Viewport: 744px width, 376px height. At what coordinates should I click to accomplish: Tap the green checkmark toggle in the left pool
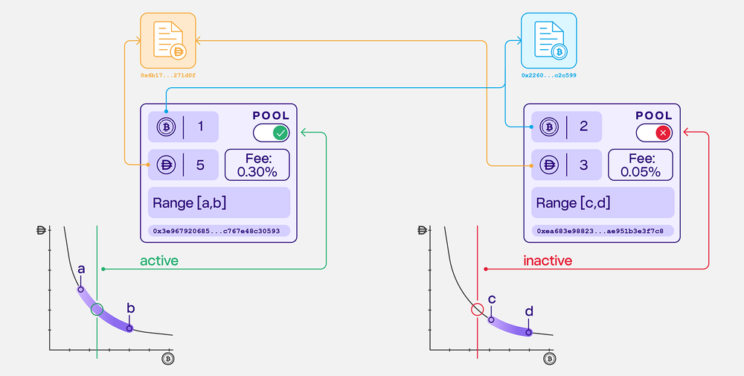tap(280, 133)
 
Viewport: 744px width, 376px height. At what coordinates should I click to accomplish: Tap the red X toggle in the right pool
tap(663, 133)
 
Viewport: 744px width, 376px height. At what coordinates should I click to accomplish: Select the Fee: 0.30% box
tap(257, 165)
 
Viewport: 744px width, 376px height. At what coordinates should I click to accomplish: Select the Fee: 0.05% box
tap(640, 165)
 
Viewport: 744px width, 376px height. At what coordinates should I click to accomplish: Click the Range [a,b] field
tap(218, 203)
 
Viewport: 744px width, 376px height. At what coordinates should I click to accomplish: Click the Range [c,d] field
tap(601, 203)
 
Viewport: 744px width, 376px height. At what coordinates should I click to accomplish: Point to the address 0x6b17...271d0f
tap(168, 75)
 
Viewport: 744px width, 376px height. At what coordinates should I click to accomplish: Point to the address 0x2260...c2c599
tap(549, 75)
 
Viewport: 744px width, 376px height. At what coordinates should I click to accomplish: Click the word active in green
tap(159, 261)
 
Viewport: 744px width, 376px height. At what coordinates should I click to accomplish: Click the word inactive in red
tap(548, 261)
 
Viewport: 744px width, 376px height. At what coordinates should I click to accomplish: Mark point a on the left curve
tap(81, 289)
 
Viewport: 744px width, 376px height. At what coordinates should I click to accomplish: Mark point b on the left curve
tap(129, 328)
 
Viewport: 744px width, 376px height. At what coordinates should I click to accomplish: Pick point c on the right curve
tap(491, 319)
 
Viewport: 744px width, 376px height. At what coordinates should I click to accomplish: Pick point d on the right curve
tap(530, 333)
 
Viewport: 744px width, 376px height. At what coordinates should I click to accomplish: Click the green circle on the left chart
tap(97, 309)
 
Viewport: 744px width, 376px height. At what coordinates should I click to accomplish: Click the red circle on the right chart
tap(478, 309)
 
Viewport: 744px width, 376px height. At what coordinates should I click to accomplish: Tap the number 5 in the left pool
tap(200, 165)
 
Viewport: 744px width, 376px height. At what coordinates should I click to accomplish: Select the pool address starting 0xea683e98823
tap(601, 231)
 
